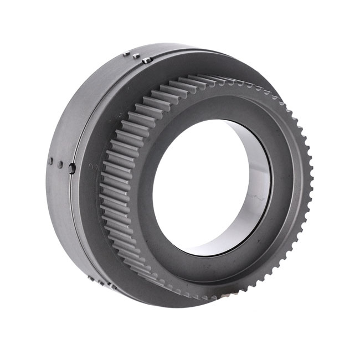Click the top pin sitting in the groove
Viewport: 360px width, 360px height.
(146, 60)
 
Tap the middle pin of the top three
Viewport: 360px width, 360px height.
(136, 56)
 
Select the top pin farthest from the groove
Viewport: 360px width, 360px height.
(126, 54)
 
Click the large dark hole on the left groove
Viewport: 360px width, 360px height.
(72, 168)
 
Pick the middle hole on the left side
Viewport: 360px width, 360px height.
(59, 164)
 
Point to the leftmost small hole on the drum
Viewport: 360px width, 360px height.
(50, 162)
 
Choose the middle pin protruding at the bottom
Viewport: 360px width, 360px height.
(101, 282)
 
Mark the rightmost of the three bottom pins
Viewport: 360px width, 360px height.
(112, 286)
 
